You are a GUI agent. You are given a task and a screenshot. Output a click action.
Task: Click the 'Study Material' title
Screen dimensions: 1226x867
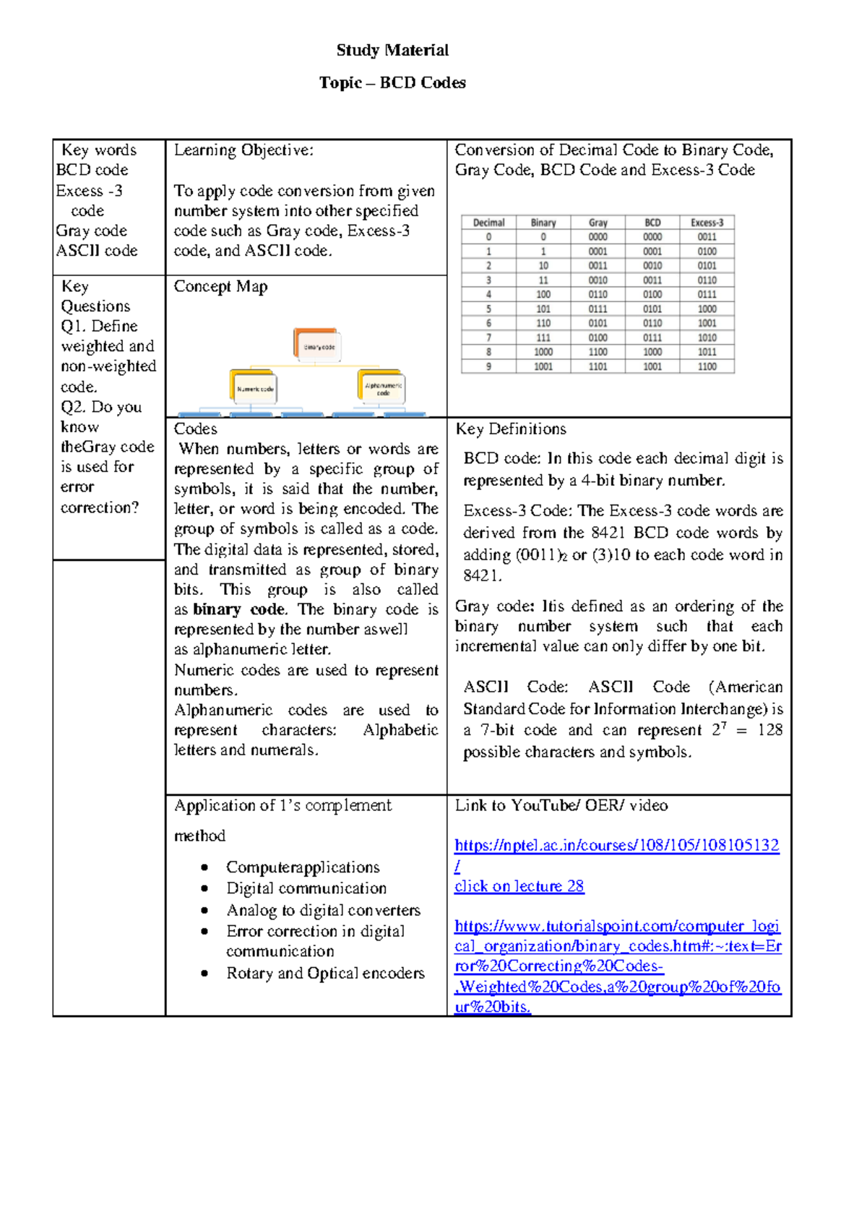(392, 50)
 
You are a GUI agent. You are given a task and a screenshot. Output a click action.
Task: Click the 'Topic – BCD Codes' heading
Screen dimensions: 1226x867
(392, 82)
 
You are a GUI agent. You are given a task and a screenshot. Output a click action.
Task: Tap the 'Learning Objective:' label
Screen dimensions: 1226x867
(243, 150)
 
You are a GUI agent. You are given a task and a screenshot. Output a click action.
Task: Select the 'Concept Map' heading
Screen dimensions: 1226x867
(220, 286)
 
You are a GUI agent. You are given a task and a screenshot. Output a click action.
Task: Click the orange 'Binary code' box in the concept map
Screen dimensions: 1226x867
(317, 346)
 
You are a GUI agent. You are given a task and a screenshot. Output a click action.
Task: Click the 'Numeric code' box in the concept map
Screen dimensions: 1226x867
(254, 387)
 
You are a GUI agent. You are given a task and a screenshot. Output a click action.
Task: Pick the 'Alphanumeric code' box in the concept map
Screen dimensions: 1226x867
(381, 388)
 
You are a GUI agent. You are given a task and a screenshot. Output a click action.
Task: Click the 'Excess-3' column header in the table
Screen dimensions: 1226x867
(707, 223)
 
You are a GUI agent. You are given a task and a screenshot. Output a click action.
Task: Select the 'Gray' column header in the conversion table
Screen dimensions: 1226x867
(598, 223)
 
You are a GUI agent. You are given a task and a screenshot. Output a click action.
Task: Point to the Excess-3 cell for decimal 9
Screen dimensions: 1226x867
(707, 366)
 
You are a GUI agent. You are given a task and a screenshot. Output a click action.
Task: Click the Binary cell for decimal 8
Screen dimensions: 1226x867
(543, 352)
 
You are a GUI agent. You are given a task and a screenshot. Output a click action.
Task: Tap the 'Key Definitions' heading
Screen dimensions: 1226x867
(511, 429)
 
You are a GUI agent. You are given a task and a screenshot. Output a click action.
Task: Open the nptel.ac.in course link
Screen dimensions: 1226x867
(616, 845)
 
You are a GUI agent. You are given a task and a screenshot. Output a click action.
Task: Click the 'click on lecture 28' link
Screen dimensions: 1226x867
(519, 886)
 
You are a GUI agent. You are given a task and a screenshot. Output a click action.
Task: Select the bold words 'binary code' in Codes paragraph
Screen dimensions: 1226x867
(239, 609)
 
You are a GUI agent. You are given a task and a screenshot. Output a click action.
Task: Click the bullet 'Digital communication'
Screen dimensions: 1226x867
(306, 888)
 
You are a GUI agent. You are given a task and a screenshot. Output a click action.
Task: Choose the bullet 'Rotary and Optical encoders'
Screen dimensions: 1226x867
(325, 973)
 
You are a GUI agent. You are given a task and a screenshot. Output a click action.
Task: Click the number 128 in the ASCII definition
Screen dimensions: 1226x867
(769, 730)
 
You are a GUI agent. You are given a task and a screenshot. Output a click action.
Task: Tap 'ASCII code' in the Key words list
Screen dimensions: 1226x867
(97, 250)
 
